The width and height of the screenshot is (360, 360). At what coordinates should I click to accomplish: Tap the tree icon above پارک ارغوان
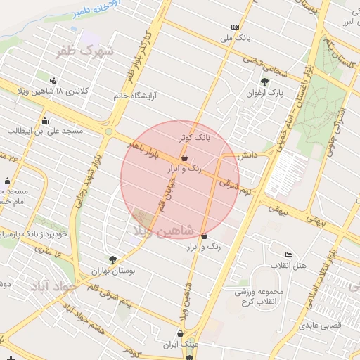tap(265, 81)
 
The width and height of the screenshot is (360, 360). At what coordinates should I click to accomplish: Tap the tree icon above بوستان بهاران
tap(112, 259)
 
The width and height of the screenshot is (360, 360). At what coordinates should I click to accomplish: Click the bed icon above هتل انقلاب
tap(288, 254)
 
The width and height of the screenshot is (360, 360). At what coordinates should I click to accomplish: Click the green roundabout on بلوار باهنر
tap(109, 131)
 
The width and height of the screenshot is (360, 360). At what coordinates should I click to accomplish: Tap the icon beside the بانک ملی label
tap(235, 27)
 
